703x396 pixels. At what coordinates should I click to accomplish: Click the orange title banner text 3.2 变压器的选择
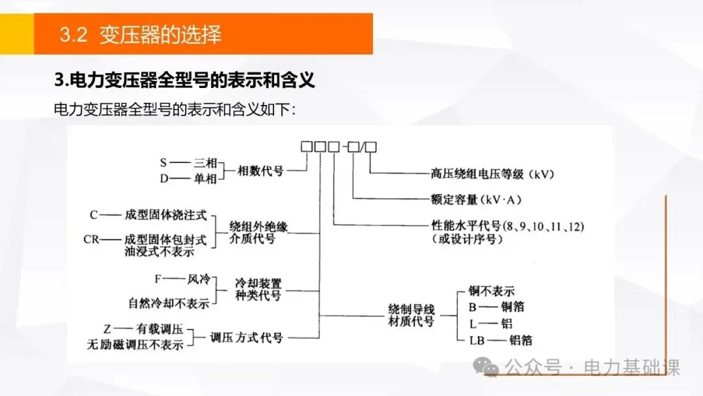141,35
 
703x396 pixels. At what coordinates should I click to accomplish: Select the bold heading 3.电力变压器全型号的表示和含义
184,80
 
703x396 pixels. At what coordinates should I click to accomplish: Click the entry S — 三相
187,163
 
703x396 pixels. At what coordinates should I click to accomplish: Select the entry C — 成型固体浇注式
148,214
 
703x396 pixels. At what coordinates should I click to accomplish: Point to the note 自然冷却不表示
169,303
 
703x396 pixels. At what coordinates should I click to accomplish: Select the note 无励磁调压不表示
135,345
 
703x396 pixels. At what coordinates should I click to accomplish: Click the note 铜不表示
491,290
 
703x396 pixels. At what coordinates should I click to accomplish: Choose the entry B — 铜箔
496,306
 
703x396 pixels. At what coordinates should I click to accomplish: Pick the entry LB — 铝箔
496,339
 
